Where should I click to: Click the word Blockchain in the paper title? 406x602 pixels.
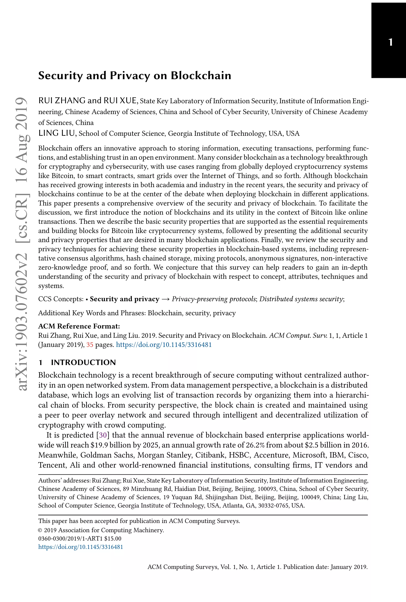coord(201,76)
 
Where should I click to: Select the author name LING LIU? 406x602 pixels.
coord(57,133)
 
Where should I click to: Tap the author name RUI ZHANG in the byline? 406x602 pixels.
coord(62,101)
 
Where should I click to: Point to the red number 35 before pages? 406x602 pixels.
coord(90,345)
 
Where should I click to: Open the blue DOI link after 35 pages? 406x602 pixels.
coord(164,345)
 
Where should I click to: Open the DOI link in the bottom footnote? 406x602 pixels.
coord(80,547)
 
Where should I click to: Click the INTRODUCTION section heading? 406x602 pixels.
coord(83,362)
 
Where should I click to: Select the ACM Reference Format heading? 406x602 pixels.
coord(79,326)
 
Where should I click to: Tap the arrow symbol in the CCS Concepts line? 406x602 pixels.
coord(165,299)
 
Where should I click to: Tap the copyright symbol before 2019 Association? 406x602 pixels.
coord(40,530)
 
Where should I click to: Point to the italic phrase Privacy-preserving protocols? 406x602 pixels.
coord(214,299)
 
